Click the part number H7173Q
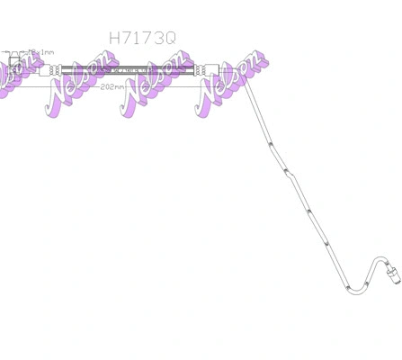tap(142, 38)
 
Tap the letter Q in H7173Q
tap(170, 38)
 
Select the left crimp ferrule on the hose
tap(55, 69)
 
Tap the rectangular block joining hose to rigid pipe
tap(212, 69)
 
